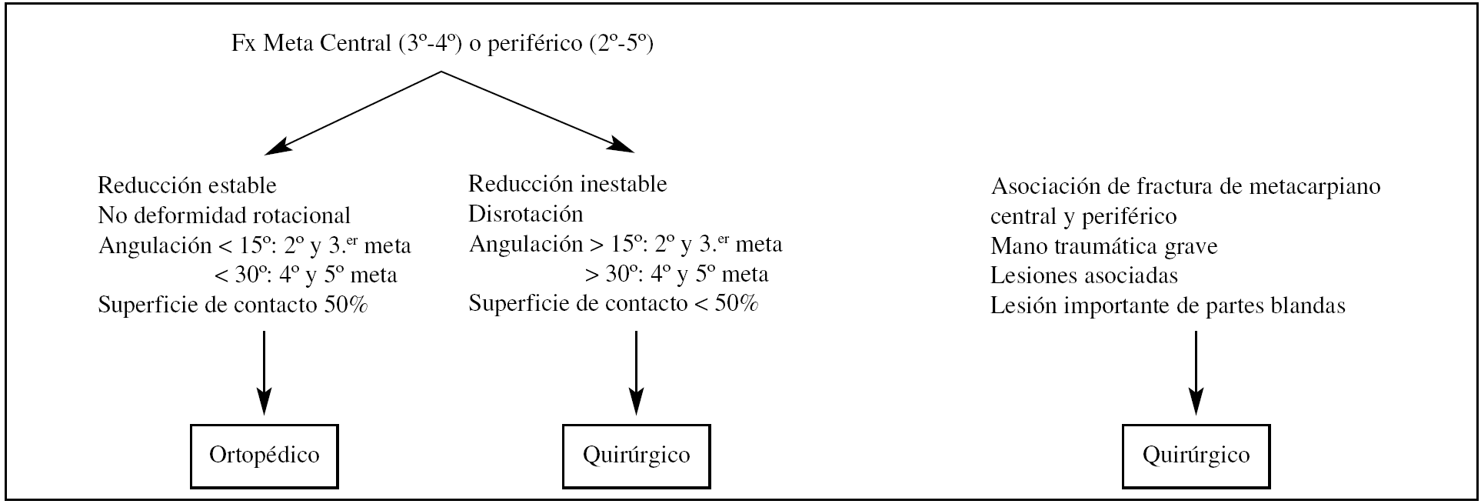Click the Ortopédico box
pos(264,456)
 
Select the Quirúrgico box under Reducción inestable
pos(636,456)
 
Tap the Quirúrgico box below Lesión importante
pos(1196,456)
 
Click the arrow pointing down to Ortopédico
pos(264,373)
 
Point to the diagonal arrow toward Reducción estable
pos(353,110)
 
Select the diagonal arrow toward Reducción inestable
pos(537,110)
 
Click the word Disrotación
pos(525,213)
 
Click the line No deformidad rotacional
pos(224,215)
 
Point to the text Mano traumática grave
pos(1103,246)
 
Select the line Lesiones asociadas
pos(1084,275)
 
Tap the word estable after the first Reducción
pos(241,185)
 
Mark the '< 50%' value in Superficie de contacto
pos(726,304)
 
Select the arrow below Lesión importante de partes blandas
pos(1196,373)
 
